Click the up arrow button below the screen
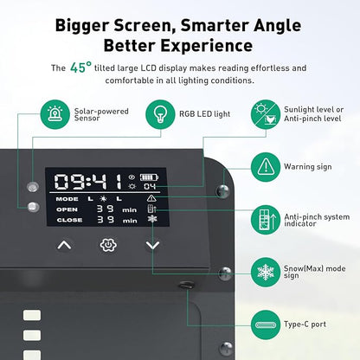(x=64, y=245)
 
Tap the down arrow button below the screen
(x=152, y=245)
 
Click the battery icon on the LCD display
(x=149, y=177)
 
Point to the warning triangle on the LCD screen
(x=151, y=198)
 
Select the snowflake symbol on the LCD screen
(x=152, y=219)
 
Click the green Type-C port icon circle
(x=266, y=325)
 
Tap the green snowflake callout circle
(x=266, y=272)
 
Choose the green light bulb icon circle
(x=160, y=114)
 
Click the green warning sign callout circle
(x=266, y=167)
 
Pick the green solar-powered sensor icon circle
(x=55, y=114)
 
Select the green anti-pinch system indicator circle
(x=266, y=220)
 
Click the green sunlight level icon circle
(x=266, y=114)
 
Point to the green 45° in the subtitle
(x=81, y=67)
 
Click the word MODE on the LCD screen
(x=67, y=199)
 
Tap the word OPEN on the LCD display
(x=67, y=209)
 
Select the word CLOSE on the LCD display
(x=69, y=220)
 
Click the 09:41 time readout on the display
(x=88, y=182)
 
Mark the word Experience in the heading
(x=207, y=46)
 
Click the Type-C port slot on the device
(x=186, y=285)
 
